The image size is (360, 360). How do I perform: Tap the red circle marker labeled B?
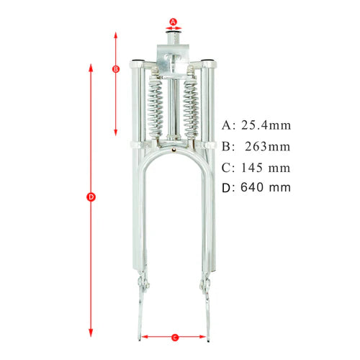click(116, 69)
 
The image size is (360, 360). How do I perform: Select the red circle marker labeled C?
click(176, 336)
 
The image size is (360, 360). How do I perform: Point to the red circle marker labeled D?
click(91, 197)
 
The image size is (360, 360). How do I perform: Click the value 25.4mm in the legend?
click(266, 125)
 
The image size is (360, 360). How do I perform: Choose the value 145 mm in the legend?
click(266, 168)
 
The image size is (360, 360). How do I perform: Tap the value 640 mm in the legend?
click(266, 188)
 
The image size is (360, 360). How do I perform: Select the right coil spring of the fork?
click(192, 108)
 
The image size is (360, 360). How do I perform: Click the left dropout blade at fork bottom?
click(142, 313)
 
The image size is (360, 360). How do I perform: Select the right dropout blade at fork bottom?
click(207, 313)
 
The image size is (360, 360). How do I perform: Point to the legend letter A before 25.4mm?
click(228, 125)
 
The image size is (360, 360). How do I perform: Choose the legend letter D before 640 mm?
click(228, 188)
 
